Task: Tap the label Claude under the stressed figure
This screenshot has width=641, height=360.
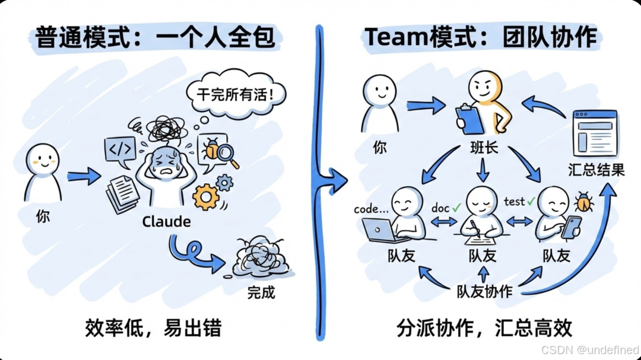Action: click(166, 222)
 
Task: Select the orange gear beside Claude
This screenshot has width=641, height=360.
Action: click(206, 196)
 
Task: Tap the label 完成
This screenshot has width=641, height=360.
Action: click(261, 292)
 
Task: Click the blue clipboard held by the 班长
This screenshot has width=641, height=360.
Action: click(469, 119)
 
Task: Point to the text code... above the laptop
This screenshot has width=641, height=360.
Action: click(372, 209)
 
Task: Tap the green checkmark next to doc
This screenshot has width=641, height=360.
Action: click(456, 208)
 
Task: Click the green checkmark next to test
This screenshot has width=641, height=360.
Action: click(531, 202)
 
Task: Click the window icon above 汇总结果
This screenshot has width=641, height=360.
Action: click(594, 134)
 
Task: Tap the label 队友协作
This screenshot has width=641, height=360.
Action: click(484, 292)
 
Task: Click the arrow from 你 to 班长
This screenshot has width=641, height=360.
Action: click(426, 106)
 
